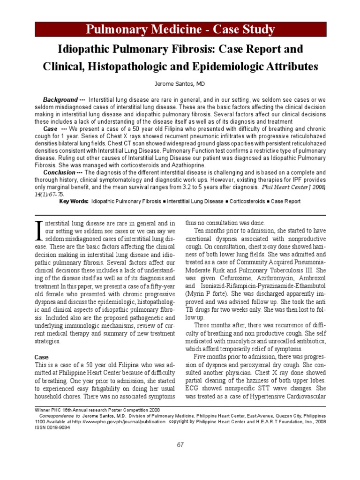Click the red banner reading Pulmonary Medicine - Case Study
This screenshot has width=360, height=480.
click(x=180, y=30)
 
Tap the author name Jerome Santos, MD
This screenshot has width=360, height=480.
click(x=180, y=85)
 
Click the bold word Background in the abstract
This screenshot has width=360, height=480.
click(x=60, y=100)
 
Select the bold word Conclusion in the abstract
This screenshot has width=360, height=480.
click(x=57, y=172)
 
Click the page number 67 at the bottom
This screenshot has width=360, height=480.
click(x=180, y=445)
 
